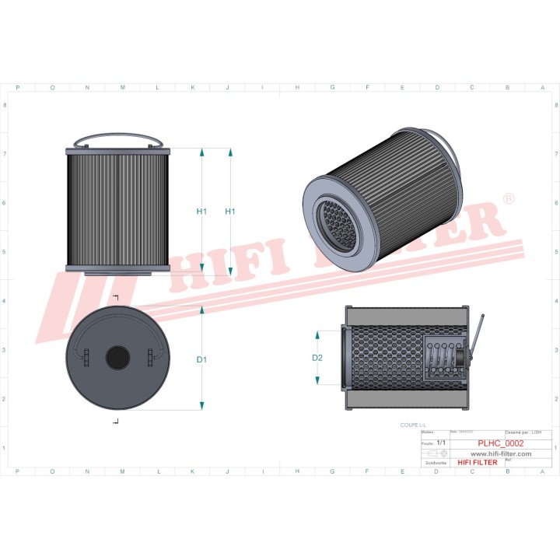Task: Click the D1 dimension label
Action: [x=201, y=359]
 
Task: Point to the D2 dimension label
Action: [x=317, y=358]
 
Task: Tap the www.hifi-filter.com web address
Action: [x=501, y=453]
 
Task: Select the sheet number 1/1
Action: [x=442, y=442]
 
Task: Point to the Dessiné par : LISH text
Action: [x=523, y=432]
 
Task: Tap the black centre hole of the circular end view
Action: [x=117, y=357]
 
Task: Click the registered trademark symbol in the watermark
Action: [x=509, y=200]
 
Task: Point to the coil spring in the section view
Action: [x=442, y=358]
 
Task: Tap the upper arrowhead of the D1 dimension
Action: [x=201, y=309]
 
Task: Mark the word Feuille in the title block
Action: [x=426, y=442]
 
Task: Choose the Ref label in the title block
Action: [x=509, y=460]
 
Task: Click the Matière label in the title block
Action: [x=426, y=432]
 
